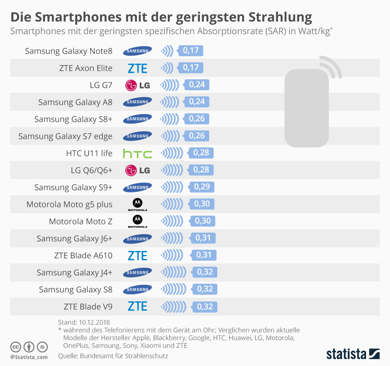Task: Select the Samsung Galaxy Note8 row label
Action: point(68,51)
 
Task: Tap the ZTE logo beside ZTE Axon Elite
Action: point(137,68)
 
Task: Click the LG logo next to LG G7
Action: point(137,85)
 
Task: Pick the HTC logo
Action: point(137,154)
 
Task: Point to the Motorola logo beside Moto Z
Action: point(137,221)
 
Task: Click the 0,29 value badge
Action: point(202,187)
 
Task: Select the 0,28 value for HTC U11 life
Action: point(201,153)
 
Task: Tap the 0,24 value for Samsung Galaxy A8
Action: point(197,102)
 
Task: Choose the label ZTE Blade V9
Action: point(88,307)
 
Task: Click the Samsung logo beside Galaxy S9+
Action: point(137,187)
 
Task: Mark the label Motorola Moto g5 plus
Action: point(69,204)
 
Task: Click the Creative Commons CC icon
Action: point(15,347)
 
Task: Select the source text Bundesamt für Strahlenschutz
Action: point(124,356)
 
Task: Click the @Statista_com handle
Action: point(29,357)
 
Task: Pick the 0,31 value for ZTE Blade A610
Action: point(204,255)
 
